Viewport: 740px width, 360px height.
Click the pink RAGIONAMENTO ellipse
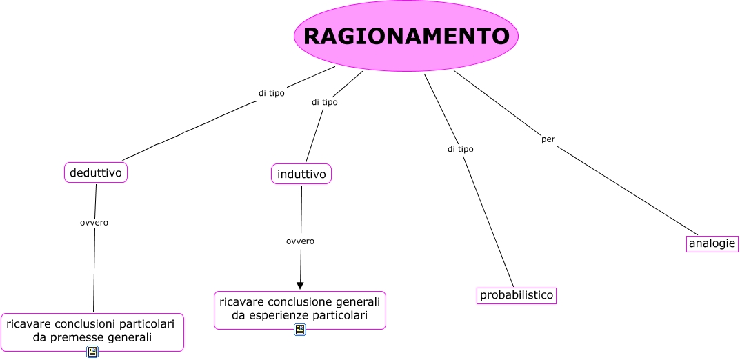406,36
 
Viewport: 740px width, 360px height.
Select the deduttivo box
96,172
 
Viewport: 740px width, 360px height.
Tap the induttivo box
301,174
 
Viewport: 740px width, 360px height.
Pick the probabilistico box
517,295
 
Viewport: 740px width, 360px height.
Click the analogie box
712,243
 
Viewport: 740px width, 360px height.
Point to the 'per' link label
548,139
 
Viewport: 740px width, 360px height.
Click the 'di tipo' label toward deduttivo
271,93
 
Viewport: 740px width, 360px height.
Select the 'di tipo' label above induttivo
324,102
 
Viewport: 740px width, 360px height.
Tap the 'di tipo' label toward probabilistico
460,148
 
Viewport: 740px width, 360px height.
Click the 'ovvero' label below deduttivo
94,222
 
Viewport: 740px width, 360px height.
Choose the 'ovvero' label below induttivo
300,241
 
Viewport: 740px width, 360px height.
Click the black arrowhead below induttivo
300,284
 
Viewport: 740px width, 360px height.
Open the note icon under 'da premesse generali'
92,352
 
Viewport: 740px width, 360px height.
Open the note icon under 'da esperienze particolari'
300,329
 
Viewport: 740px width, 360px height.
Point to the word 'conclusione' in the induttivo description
289,301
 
